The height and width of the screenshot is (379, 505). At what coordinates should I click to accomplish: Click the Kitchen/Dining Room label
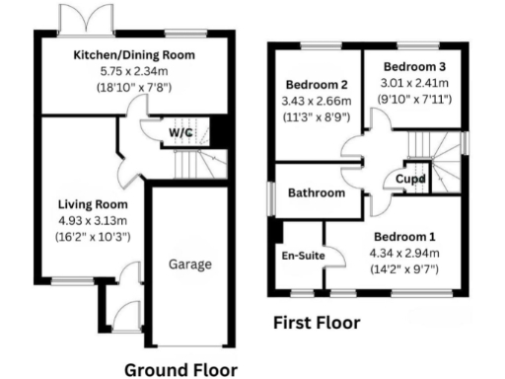tap(134, 54)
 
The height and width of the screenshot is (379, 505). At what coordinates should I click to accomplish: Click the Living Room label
tap(88, 204)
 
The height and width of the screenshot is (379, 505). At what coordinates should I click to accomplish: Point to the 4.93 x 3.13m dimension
tap(88, 220)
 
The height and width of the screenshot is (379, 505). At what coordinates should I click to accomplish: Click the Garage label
tap(189, 265)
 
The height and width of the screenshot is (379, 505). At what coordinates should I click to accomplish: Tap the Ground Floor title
tap(180, 369)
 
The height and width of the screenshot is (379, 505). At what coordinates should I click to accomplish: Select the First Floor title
tap(316, 322)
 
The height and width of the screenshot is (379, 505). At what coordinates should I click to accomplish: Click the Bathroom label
tap(316, 192)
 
